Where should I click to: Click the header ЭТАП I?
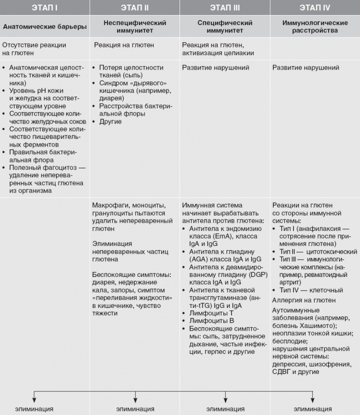click(45, 8)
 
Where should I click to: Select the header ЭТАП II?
click(135, 8)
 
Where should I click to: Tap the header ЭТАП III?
click(225, 8)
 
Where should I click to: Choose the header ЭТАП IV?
click(315, 8)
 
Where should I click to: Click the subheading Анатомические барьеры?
click(45, 26)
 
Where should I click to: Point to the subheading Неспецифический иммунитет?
click(135, 26)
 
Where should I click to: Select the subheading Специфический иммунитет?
click(225, 26)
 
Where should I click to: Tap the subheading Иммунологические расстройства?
click(315, 26)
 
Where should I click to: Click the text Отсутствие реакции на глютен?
click(34, 49)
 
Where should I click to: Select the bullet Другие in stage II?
click(111, 122)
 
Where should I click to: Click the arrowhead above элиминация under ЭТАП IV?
click(312, 398)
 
